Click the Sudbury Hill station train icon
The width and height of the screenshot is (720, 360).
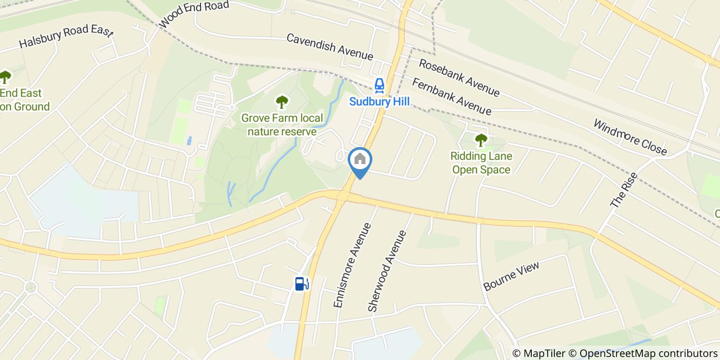380,85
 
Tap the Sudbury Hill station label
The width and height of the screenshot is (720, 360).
380,102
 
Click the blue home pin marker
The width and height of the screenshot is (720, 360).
360,160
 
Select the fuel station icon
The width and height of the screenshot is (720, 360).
301,283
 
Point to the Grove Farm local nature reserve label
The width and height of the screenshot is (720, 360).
282,125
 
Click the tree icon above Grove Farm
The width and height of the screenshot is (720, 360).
282,102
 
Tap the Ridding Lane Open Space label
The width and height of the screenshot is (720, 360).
481,163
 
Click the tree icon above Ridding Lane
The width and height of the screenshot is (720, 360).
481,139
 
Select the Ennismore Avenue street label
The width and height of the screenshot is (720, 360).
352,265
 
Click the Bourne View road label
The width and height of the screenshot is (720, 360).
512,276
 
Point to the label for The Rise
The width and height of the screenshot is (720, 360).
624,190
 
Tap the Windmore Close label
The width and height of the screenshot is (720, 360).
630,137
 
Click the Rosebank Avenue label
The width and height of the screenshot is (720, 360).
459,78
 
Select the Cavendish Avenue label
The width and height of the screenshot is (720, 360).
329,46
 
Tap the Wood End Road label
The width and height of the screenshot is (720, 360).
194,14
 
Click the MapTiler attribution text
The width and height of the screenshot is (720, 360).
539,353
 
